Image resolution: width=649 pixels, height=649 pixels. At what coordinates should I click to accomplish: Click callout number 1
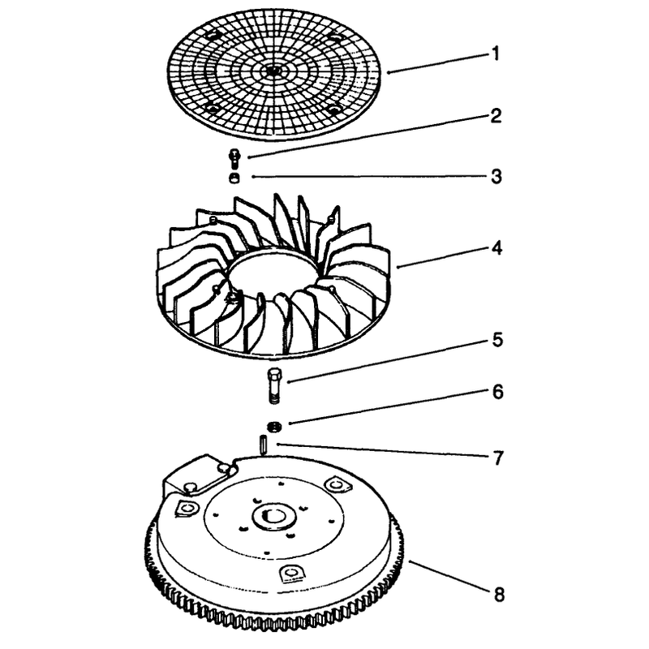495,54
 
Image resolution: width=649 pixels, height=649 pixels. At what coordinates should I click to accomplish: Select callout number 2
496,115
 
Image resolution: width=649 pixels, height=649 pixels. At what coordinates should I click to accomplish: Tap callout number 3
496,176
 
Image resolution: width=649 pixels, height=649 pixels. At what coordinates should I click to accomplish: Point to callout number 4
496,248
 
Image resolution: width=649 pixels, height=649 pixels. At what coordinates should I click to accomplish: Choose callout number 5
497,340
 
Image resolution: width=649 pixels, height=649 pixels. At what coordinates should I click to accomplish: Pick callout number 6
497,392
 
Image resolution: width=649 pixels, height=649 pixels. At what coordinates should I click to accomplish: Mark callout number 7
498,458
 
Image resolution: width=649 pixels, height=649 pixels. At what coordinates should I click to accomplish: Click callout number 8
499,595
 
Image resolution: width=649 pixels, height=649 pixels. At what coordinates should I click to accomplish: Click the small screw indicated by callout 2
234,157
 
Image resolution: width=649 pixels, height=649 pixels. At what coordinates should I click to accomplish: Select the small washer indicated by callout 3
234,178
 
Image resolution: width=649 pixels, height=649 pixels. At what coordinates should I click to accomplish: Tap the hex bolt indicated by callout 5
273,385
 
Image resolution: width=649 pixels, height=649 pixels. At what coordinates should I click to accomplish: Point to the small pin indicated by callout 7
263,444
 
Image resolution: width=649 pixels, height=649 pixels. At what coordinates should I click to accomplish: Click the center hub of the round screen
272,71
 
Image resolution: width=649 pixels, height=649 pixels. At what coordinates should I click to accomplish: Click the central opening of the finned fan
273,273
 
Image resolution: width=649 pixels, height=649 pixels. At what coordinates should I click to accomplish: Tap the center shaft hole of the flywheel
274,515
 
